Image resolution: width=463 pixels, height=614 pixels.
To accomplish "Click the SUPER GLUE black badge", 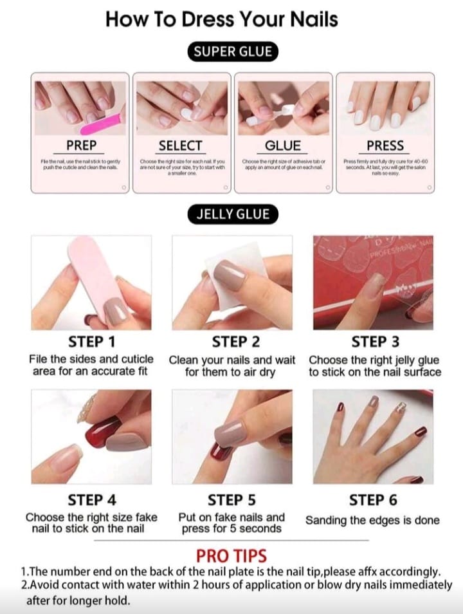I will pyautogui.click(x=232, y=52).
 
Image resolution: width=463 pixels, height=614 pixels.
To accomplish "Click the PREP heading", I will pyautogui.click(x=81, y=145).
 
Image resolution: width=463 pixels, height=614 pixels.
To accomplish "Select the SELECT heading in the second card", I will pyautogui.click(x=181, y=145).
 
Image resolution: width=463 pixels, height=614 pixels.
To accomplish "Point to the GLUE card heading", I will pyautogui.click(x=283, y=145).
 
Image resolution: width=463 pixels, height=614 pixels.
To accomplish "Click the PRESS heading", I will pyautogui.click(x=385, y=145).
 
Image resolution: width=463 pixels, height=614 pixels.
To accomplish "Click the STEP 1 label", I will pyautogui.click(x=91, y=341).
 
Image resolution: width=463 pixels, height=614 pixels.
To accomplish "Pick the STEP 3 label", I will pyautogui.click(x=375, y=341).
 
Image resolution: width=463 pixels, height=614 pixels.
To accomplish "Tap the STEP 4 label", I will pyautogui.click(x=91, y=500).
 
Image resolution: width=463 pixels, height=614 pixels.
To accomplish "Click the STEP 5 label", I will pyautogui.click(x=232, y=500).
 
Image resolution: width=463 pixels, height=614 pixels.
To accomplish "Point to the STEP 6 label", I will pyautogui.click(x=373, y=500).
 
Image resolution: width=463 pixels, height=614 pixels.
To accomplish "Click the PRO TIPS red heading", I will pyautogui.click(x=231, y=555).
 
